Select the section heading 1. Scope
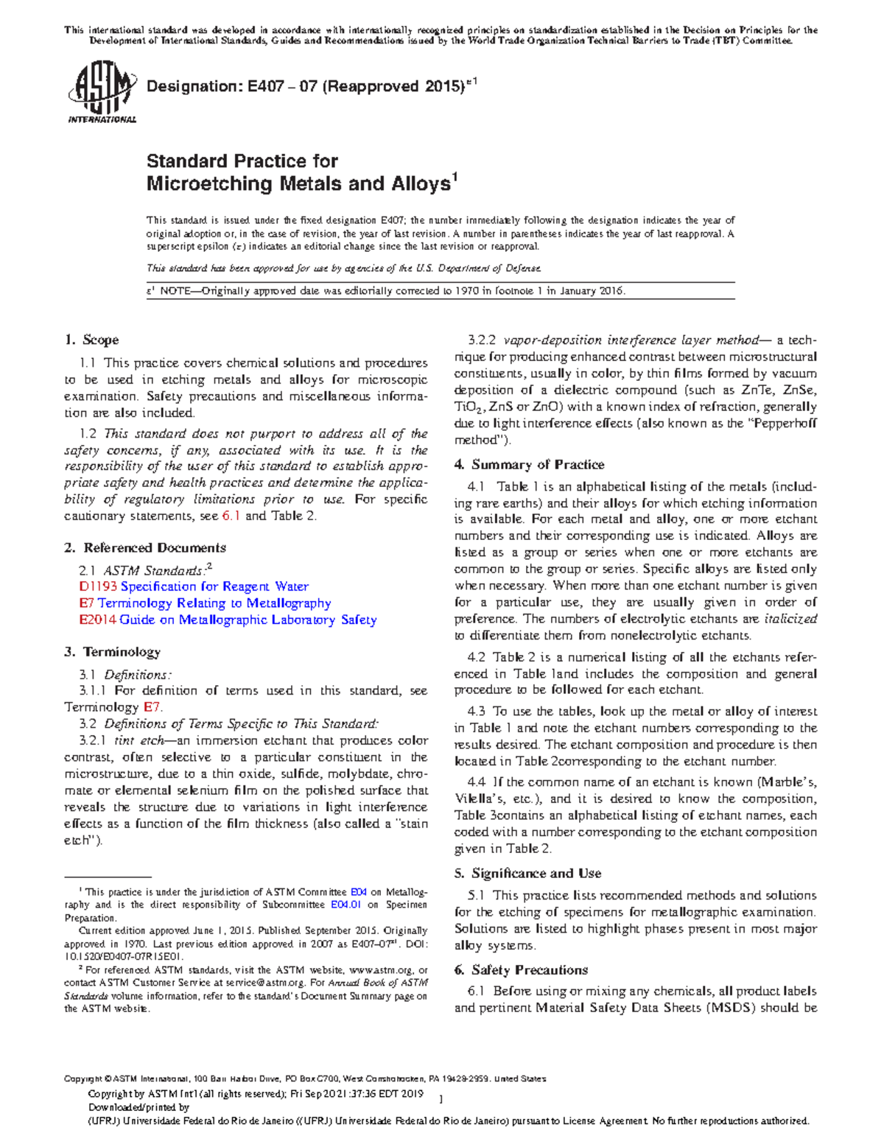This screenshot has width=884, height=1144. click(91, 340)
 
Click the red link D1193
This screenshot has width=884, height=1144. click(98, 586)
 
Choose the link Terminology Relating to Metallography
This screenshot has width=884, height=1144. click(214, 603)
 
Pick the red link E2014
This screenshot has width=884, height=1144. click(98, 620)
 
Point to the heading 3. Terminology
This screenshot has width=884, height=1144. click(112, 652)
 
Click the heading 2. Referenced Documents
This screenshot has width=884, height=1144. click(145, 548)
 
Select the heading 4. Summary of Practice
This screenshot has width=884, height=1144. click(529, 465)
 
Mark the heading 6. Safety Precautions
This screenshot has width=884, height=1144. click(521, 970)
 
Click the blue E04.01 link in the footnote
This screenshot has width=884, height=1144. click(345, 905)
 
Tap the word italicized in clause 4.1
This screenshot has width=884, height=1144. click(790, 619)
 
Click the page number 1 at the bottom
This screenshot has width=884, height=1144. click(440, 1099)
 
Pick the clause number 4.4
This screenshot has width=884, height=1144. click(476, 782)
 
